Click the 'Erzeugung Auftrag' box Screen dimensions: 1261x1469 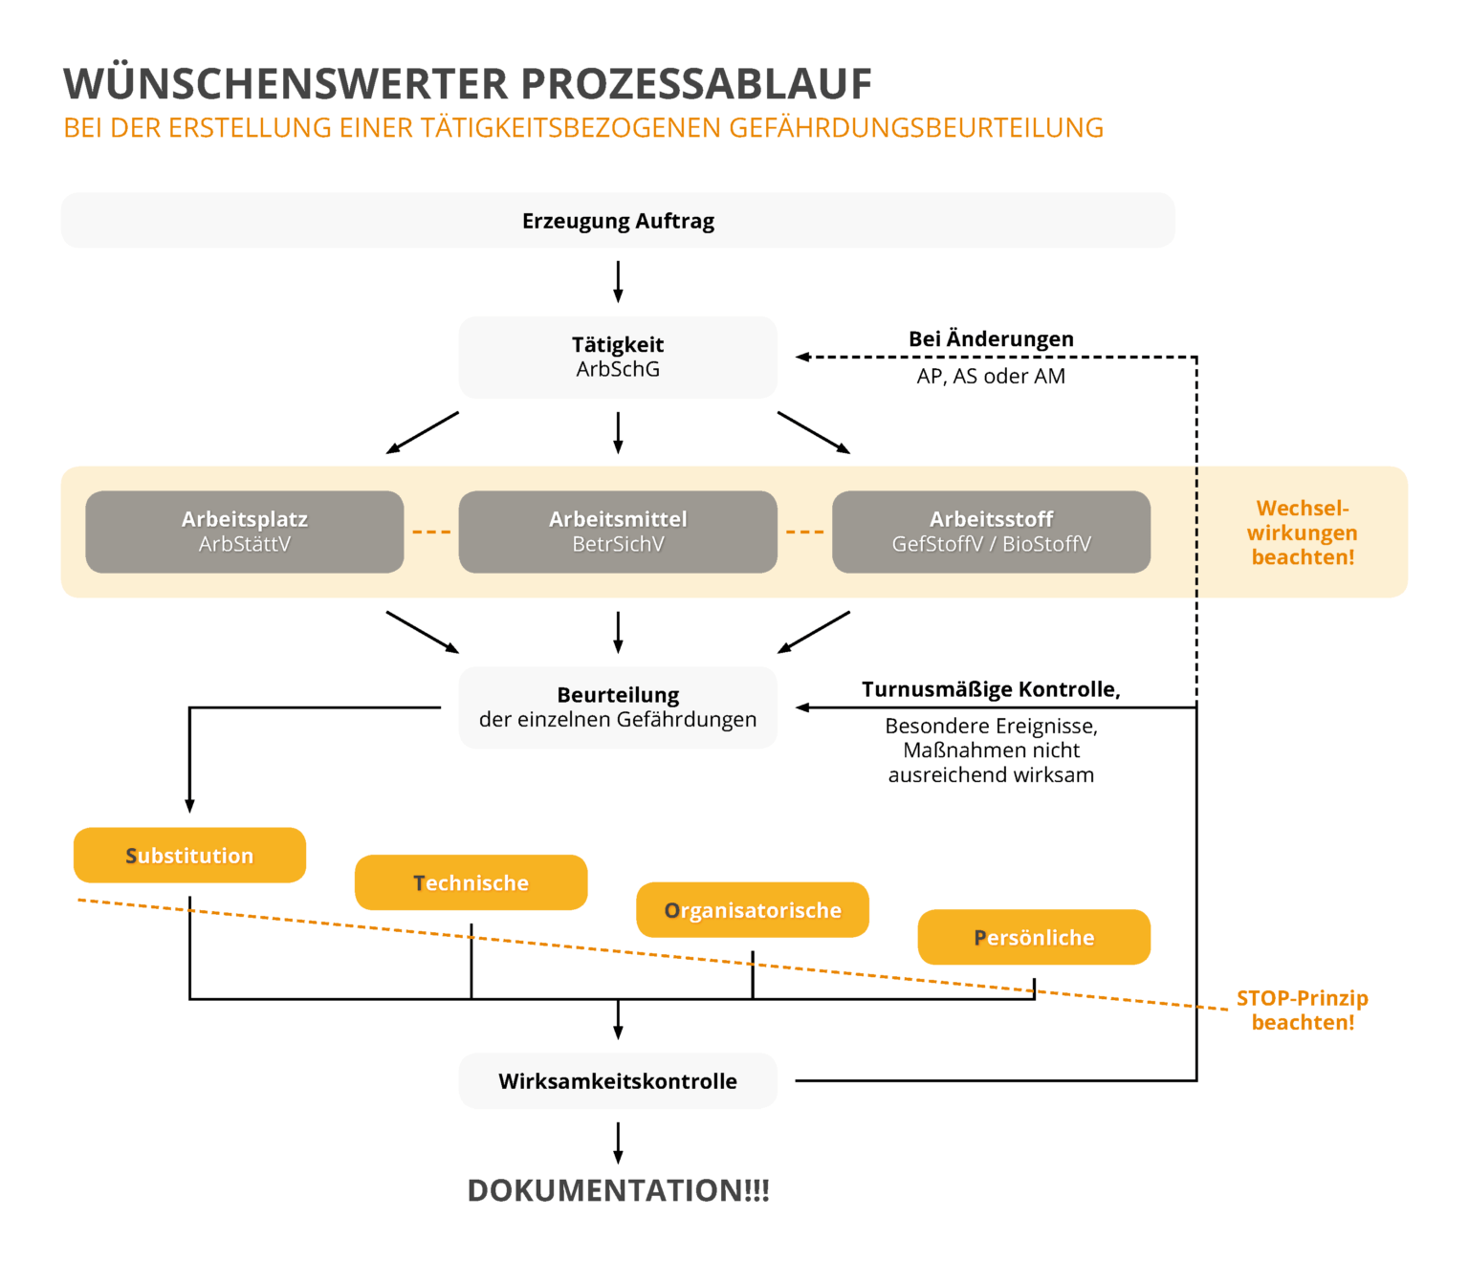click(618, 221)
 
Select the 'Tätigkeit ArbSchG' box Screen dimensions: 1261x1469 click(618, 357)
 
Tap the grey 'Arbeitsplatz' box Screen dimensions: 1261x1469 click(245, 532)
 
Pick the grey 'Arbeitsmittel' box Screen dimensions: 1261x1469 click(618, 532)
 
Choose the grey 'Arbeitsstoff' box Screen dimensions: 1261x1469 click(991, 532)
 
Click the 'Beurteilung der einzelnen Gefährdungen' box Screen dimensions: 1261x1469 click(618, 707)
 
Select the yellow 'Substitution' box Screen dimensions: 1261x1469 click(189, 855)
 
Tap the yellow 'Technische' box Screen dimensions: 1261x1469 click(471, 882)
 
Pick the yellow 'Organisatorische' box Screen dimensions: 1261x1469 click(753, 909)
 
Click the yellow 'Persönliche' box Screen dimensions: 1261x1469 click(1034, 937)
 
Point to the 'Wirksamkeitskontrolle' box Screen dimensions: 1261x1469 click(618, 1080)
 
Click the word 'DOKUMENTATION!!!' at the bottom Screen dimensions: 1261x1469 click(618, 1190)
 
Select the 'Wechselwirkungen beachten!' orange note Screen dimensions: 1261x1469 click(1303, 533)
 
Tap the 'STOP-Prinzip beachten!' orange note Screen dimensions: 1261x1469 click(1303, 1010)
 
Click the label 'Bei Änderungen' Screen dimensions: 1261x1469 click(991, 338)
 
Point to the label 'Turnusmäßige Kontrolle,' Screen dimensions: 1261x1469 click(991, 689)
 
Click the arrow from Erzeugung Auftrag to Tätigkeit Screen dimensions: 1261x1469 click(618, 282)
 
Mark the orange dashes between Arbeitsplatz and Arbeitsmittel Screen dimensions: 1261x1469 click(431, 532)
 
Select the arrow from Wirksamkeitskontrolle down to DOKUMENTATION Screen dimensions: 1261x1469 click(618, 1142)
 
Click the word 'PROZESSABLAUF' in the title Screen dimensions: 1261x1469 click(696, 84)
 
